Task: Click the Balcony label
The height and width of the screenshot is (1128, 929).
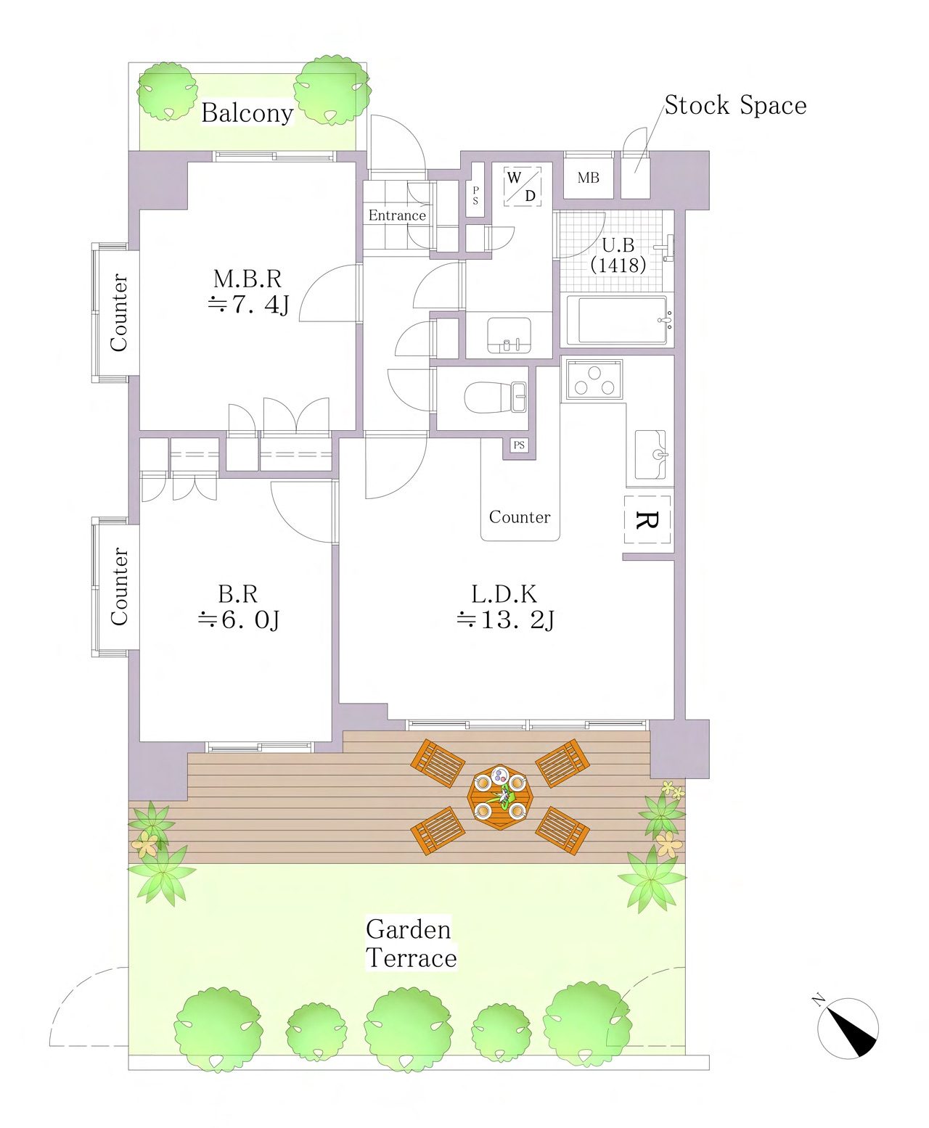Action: [x=247, y=113]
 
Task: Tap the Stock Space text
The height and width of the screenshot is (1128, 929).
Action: [x=735, y=105]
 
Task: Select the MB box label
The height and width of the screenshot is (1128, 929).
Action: [x=588, y=178]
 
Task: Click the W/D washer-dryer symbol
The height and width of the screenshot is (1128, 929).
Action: [x=523, y=186]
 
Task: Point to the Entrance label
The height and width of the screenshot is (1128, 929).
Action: [x=397, y=215]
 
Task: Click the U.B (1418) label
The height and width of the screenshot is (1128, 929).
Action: [x=618, y=255]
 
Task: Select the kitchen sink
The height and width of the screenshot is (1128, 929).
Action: [x=650, y=455]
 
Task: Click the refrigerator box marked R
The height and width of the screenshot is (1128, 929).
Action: [x=647, y=519]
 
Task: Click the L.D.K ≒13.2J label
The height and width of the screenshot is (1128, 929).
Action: [x=504, y=607]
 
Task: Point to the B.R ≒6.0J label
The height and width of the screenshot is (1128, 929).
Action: [x=238, y=607]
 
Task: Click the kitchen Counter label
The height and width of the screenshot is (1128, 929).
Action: [x=520, y=516]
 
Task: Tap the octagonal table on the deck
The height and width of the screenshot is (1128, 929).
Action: [x=499, y=797]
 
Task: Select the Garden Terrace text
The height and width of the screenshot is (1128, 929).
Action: [x=411, y=944]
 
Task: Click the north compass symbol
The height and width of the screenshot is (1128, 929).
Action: [x=848, y=1027]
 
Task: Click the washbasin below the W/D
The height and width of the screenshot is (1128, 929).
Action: [x=509, y=336]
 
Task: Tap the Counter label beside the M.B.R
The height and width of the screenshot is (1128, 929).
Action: [x=119, y=313]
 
